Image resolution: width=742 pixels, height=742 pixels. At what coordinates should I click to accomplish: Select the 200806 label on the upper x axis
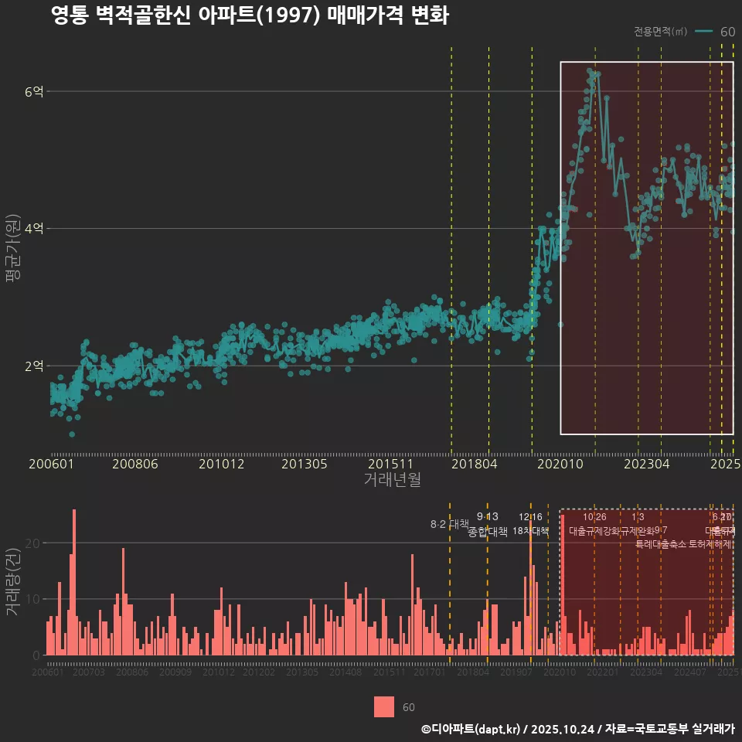coord(135,465)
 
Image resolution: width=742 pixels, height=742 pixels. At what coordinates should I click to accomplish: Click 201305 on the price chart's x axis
coord(304,465)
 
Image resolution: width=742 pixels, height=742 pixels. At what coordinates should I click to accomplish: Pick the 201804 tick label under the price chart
coord(473,465)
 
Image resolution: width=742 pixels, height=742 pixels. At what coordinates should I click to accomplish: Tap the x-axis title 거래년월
coord(392,480)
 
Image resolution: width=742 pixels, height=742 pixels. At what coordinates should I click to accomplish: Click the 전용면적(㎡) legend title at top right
coord(660,32)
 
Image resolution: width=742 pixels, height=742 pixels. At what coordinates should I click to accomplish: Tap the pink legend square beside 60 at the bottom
coord(384,706)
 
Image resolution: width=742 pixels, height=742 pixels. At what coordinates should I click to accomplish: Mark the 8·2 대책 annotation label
coord(450,524)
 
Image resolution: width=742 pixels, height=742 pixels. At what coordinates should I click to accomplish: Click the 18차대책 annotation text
coord(530,531)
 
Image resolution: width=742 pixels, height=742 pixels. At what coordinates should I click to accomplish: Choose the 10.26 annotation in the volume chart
coord(594,516)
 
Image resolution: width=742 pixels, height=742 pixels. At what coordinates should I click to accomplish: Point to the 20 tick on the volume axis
coord(35,543)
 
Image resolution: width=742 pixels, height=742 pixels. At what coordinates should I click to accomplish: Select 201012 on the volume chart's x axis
coord(219,672)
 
